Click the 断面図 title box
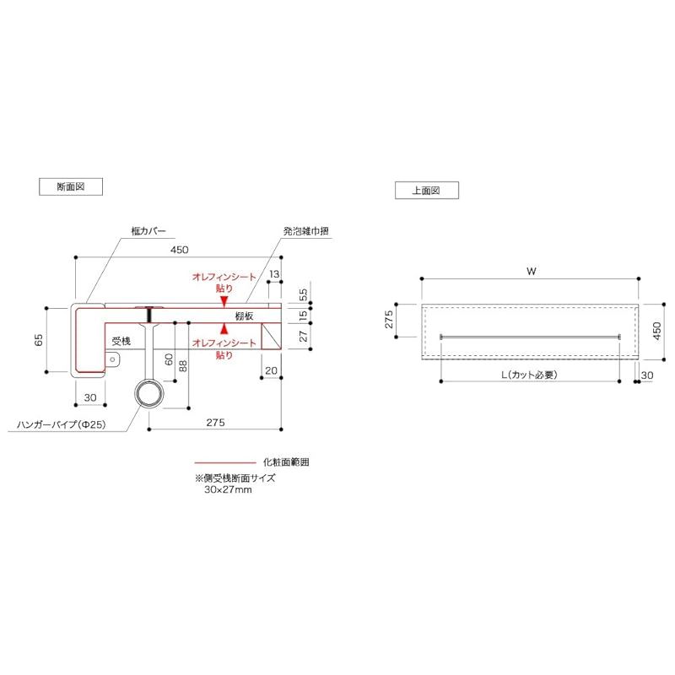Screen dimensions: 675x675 [71, 186]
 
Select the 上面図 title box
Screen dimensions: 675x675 [427, 191]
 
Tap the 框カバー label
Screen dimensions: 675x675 [148, 230]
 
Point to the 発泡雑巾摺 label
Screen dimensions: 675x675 [305, 230]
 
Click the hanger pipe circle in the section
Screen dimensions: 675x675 [149, 393]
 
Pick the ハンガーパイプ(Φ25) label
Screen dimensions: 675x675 [61, 424]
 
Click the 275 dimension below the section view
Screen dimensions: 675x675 [215, 423]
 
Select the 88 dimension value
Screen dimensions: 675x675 [183, 366]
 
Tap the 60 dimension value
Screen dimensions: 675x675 [169, 359]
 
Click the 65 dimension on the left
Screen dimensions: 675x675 [39, 340]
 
